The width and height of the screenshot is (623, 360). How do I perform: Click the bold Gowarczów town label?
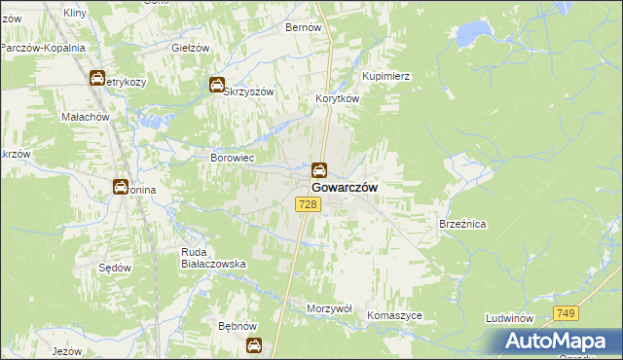345,187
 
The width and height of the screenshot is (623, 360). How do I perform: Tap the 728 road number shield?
308,203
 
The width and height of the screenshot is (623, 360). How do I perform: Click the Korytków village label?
338,99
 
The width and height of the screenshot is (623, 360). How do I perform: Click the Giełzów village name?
190,48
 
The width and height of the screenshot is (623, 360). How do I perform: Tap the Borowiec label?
233,158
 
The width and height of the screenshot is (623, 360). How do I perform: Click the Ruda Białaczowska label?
213,258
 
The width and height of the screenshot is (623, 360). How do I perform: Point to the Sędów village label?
115,266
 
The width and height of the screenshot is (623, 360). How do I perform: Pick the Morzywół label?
329,307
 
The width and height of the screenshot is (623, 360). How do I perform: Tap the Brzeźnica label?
462,224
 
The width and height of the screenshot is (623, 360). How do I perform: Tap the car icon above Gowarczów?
319,169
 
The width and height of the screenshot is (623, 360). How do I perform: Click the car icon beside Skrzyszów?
217,86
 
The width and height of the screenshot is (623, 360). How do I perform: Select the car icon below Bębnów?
254,344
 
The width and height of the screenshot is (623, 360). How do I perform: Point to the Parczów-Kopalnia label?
43,48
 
